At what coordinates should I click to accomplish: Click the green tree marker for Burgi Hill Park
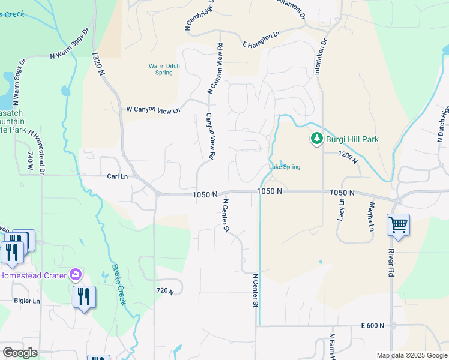[x=316, y=139]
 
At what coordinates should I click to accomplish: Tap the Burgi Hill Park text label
[x=352, y=140]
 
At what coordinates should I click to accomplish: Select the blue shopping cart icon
[x=398, y=226]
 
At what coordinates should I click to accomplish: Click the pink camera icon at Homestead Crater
[x=75, y=275]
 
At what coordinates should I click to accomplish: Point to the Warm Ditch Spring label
[x=160, y=69]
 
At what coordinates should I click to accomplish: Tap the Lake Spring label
[x=284, y=167]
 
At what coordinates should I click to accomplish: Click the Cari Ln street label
[x=117, y=176]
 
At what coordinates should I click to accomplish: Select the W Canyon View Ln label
[x=153, y=110]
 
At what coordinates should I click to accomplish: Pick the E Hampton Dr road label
[x=262, y=40]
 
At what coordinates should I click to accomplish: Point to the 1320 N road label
[x=98, y=63]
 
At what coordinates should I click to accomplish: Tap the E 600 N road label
[x=372, y=325]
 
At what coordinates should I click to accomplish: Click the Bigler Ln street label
[x=26, y=301]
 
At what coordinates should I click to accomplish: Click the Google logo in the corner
[x=19, y=353]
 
